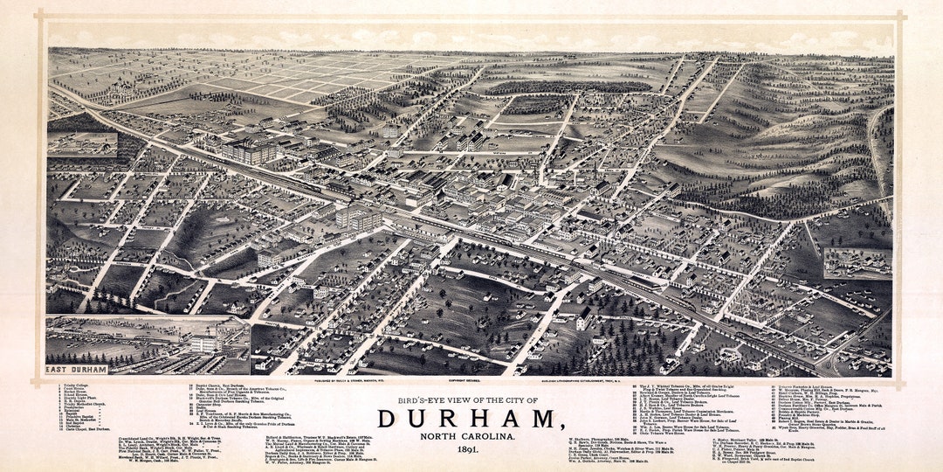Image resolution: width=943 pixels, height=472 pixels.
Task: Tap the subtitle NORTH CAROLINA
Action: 471,436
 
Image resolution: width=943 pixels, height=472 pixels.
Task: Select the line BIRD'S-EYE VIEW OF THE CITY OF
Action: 471,400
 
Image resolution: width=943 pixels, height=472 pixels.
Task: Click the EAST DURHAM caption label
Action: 76,371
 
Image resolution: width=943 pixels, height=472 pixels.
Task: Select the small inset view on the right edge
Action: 857,263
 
